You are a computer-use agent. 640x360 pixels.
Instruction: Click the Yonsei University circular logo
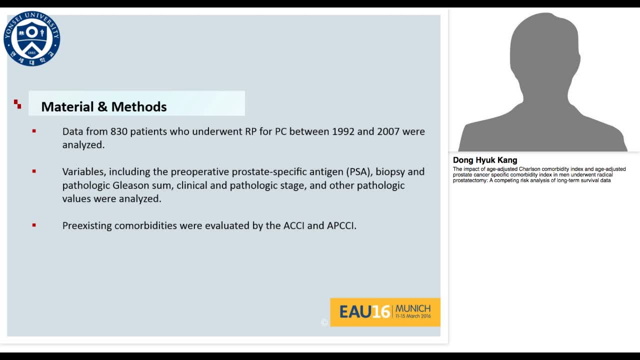[32, 38]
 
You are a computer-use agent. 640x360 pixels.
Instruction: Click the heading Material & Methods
[104, 106]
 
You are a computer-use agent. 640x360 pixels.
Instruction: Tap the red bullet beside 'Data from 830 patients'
[34, 131]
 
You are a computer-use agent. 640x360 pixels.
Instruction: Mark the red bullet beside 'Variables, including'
[34, 171]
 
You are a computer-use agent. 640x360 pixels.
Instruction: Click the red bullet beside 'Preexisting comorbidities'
[34, 225]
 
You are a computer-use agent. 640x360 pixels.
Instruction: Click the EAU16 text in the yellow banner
[364, 312]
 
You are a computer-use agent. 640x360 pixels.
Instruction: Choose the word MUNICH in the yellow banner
[413, 308]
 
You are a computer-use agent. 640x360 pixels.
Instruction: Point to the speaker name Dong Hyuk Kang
[485, 160]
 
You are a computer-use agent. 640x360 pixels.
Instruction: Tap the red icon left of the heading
[17, 104]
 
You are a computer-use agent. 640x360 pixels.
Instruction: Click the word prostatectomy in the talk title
[469, 180]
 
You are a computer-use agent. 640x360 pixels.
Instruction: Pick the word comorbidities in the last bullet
[145, 225]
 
